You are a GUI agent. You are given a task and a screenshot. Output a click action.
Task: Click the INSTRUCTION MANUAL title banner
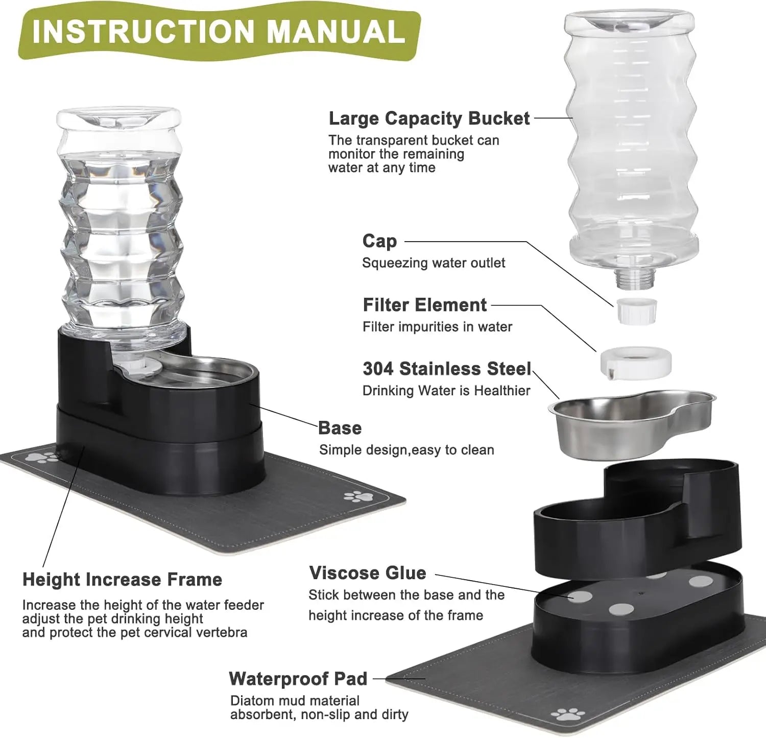coord(219,32)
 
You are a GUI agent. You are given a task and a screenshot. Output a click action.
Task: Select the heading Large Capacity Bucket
coord(429,118)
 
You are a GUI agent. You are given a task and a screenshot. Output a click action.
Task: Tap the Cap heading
coord(379,241)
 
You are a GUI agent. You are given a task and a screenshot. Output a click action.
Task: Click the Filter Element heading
coord(424,305)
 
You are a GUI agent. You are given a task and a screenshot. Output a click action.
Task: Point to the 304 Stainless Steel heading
coord(447,368)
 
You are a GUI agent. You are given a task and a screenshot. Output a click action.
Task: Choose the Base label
coord(340,428)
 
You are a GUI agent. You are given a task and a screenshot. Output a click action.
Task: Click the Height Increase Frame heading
coord(123,580)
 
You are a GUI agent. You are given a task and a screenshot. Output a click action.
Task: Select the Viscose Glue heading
coord(367,573)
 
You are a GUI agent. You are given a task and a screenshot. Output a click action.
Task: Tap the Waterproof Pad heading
coord(298,679)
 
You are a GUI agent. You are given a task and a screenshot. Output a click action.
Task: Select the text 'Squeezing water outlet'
coord(434,263)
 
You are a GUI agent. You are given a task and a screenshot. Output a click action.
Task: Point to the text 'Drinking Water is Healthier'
coord(446,391)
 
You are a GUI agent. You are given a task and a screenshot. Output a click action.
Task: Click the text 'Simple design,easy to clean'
coord(406,450)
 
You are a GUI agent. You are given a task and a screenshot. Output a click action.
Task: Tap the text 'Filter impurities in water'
coord(437,327)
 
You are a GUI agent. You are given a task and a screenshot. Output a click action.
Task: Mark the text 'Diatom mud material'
coord(295,701)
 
